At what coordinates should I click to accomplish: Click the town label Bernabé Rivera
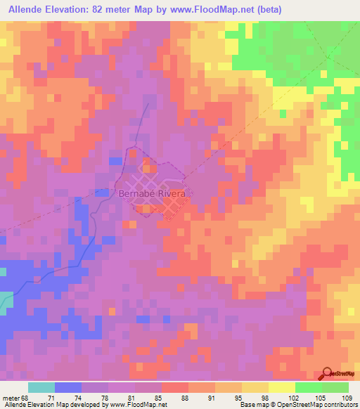click(152, 193)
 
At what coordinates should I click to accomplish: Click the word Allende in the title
click(27, 10)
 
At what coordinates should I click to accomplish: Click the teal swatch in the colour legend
click(41, 387)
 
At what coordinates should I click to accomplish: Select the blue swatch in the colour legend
click(68, 387)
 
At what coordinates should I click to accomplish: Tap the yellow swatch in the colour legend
click(282, 387)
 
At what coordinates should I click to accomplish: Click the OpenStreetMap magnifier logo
click(327, 374)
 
